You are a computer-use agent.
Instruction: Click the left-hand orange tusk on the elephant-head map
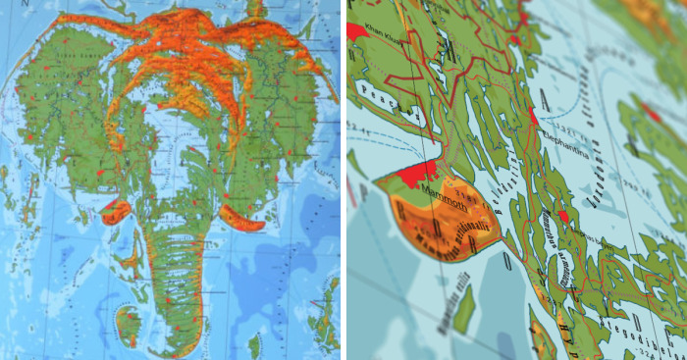pyautogui.click(x=116, y=210)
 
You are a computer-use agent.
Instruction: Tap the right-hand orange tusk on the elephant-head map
pyautogui.click(x=239, y=218)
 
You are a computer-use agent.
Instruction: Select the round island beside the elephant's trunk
pyautogui.click(x=129, y=325)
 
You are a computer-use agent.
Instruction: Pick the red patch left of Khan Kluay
pyautogui.click(x=355, y=29)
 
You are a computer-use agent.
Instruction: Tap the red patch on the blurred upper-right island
pyautogui.click(x=651, y=113)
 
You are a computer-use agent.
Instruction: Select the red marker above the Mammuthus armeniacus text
pyautogui.click(x=564, y=214)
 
